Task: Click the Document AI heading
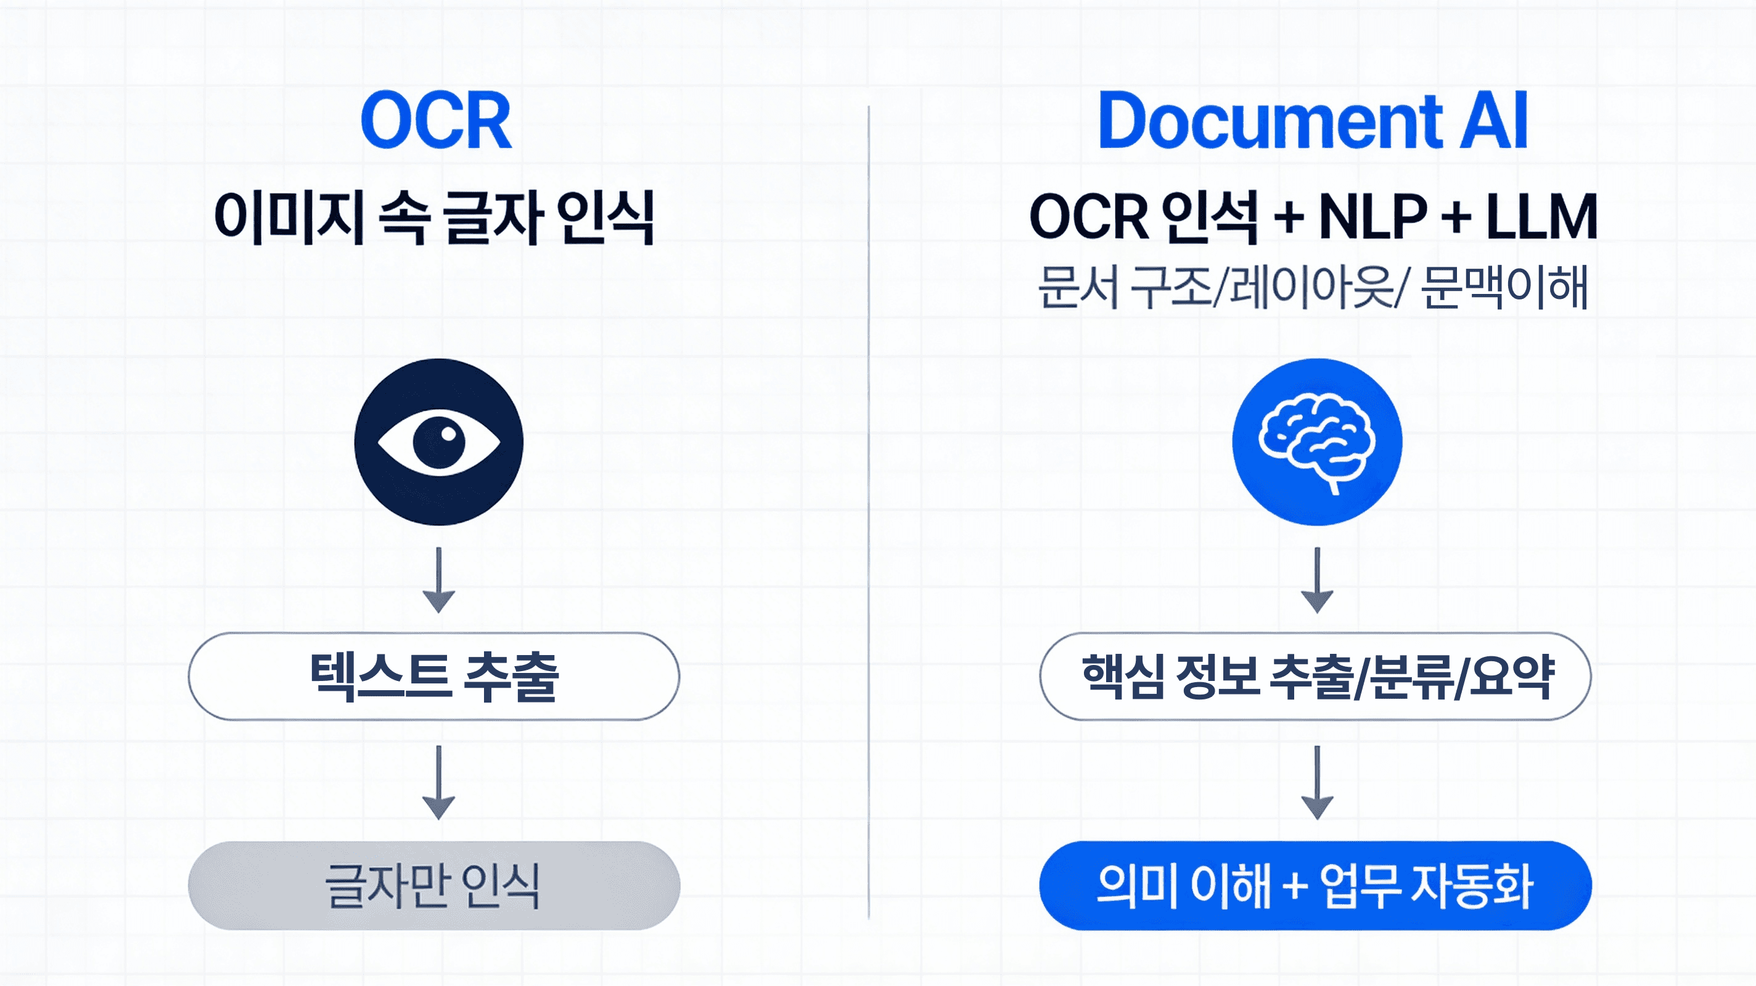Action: click(x=1313, y=122)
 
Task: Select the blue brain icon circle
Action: click(x=1317, y=442)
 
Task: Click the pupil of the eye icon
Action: click(x=439, y=442)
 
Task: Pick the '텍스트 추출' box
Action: click(x=433, y=676)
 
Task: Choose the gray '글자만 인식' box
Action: click(x=433, y=885)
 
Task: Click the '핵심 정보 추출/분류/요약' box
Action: click(x=1315, y=676)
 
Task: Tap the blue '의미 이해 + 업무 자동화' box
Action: click(x=1315, y=885)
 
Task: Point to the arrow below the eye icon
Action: click(x=438, y=580)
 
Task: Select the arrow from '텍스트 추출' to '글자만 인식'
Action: click(x=438, y=781)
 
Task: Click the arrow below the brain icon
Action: click(x=1317, y=580)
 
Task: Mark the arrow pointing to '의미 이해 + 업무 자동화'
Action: click(x=1317, y=781)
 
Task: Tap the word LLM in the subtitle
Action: click(x=1541, y=217)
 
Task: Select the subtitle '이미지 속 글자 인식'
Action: click(x=434, y=217)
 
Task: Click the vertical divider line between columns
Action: click(x=869, y=511)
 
